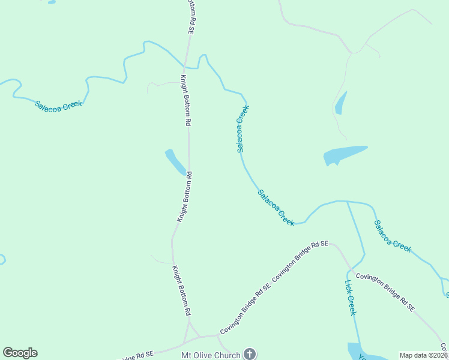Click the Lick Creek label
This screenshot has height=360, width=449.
(x=350, y=298)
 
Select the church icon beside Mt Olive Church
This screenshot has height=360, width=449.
(x=250, y=354)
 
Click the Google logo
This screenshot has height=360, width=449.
(x=20, y=353)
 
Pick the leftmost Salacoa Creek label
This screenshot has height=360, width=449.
(x=58, y=104)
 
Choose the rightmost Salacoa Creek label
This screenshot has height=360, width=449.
(x=393, y=236)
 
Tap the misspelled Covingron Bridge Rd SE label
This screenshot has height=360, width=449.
(x=385, y=292)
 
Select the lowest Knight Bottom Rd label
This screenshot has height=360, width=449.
(x=181, y=290)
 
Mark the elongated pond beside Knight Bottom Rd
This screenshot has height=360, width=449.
(x=175, y=162)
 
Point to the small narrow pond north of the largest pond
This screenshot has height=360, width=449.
(x=341, y=103)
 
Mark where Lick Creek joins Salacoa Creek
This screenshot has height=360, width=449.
(x=347, y=202)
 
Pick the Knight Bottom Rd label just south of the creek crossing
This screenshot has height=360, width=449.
(x=185, y=100)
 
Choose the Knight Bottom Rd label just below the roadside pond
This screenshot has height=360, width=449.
(x=184, y=197)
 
